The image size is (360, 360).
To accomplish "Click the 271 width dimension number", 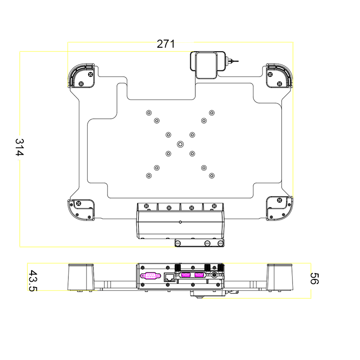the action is click(x=166, y=44).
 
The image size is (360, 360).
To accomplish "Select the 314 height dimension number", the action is click(x=19, y=147).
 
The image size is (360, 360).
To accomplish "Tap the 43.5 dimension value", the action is click(x=33, y=280).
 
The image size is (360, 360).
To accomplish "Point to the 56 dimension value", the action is click(x=314, y=278).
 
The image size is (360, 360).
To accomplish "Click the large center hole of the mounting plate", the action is click(x=180, y=144).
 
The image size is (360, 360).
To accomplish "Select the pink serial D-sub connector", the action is click(x=150, y=276).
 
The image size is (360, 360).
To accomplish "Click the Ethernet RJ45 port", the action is click(x=170, y=277).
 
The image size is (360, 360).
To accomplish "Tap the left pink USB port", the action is click(x=186, y=275).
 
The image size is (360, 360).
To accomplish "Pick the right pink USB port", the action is click(x=199, y=275).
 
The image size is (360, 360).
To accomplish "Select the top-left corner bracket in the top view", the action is click(x=81, y=76).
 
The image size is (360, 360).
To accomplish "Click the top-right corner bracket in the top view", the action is click(x=279, y=76).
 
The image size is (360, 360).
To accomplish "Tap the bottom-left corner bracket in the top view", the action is click(x=81, y=210).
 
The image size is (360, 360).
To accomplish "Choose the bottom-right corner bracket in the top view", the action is click(x=279, y=208).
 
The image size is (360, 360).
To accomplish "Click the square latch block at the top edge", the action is click(x=207, y=65).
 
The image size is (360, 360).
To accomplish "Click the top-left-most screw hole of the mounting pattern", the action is click(x=149, y=113).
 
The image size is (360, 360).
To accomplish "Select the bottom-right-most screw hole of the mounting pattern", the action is click(x=211, y=175).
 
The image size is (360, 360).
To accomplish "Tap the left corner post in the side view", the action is click(x=81, y=277).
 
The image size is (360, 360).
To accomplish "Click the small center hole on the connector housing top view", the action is click(x=180, y=222).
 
